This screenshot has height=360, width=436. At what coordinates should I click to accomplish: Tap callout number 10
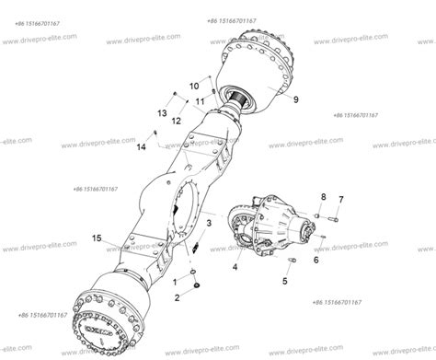click(194, 86)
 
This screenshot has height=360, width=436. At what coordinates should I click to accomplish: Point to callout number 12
click(175, 121)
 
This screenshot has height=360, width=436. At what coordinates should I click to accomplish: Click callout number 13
click(162, 111)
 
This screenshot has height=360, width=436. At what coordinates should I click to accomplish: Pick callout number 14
click(142, 146)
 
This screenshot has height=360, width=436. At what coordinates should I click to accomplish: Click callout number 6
click(316, 260)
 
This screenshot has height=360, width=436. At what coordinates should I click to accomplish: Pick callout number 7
click(341, 200)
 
